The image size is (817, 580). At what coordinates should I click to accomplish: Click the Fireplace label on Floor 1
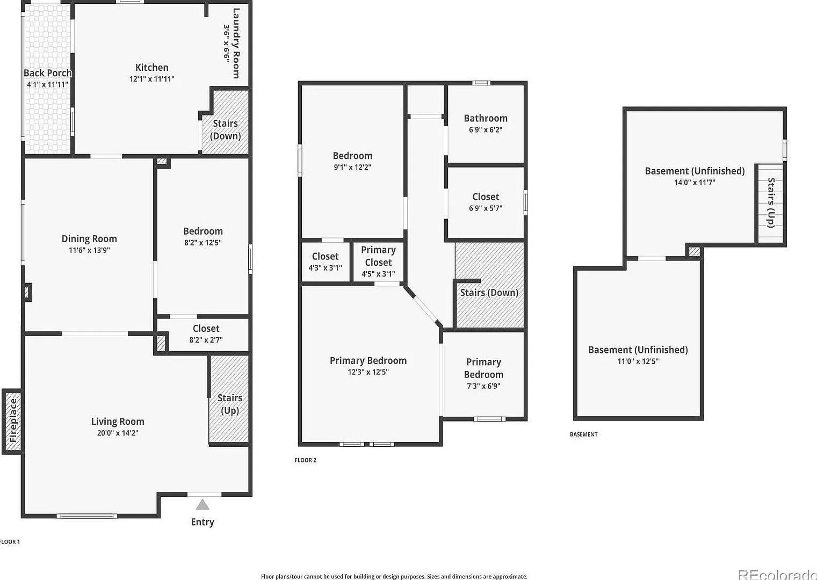(13, 421)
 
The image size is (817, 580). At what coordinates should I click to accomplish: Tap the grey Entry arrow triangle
(203, 505)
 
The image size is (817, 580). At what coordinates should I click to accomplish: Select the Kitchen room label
(151, 68)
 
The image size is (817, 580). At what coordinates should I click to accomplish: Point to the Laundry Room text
(236, 44)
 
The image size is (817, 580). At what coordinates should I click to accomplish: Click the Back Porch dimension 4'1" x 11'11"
(47, 84)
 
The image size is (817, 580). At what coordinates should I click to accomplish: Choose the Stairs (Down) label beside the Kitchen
(226, 129)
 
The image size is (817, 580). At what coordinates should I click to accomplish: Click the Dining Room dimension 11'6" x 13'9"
(89, 250)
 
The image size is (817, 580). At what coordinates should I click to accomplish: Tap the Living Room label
(118, 422)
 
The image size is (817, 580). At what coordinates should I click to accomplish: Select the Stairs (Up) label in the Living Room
(230, 404)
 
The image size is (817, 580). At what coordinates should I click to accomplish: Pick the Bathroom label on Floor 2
(486, 118)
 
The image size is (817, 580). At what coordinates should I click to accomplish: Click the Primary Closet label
(378, 256)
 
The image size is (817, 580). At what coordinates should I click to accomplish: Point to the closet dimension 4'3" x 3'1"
(326, 268)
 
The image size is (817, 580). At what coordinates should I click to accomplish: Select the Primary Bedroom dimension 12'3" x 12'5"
(368, 372)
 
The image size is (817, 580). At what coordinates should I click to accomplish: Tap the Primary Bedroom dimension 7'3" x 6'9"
(483, 386)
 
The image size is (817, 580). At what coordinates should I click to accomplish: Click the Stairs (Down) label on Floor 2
(489, 292)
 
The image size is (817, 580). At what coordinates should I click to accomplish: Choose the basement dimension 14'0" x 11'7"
(695, 182)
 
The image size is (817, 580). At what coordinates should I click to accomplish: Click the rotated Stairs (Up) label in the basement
(771, 202)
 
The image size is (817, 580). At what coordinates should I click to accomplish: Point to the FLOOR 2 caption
(306, 460)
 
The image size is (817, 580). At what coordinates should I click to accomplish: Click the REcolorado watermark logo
(777, 575)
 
